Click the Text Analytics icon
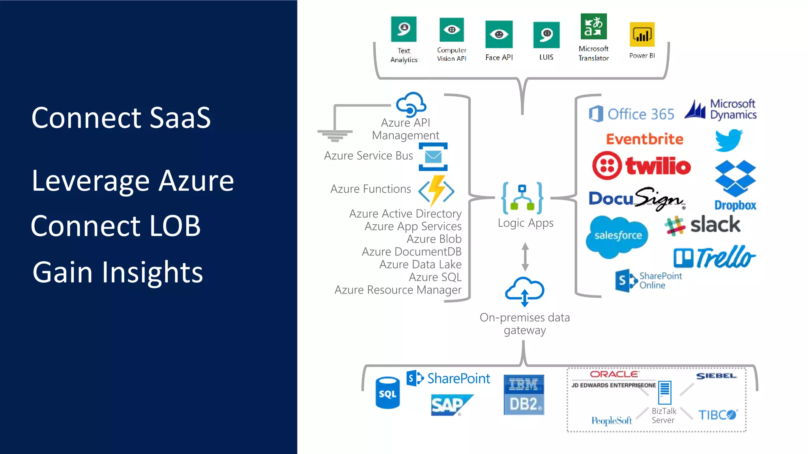click(404, 29)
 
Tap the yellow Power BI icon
click(642, 35)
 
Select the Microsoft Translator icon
click(593, 26)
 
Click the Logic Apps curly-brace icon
click(522, 198)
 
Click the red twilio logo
click(642, 166)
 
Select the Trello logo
click(714, 257)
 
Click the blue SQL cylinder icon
click(387, 393)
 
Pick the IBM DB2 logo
click(524, 395)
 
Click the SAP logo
click(450, 405)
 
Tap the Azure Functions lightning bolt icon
click(436, 190)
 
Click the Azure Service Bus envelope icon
click(433, 157)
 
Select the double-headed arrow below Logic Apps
click(525, 257)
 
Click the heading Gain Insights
click(118, 272)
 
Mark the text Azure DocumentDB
click(411, 251)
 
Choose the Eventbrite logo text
click(644, 139)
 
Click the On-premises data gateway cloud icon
click(525, 291)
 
